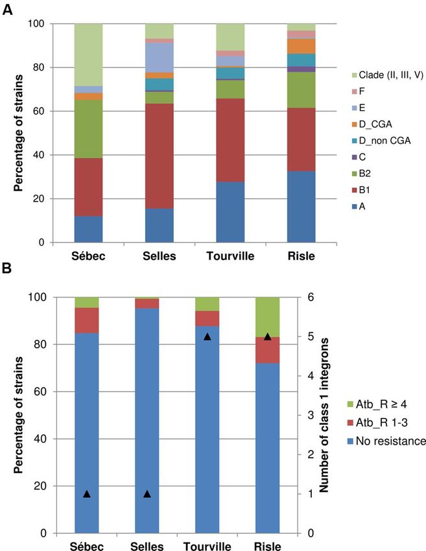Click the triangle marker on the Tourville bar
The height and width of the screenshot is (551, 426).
pos(207,336)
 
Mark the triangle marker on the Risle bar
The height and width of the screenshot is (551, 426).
pos(267,336)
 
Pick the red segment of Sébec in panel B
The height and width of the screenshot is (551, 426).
pos(87,320)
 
